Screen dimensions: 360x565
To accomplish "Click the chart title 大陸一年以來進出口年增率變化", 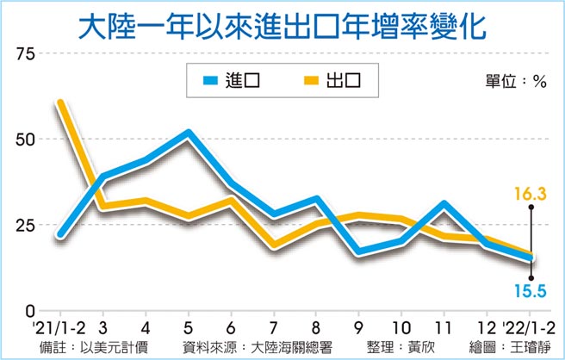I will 282,26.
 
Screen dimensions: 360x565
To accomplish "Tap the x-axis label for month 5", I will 188,328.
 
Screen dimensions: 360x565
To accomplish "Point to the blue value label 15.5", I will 533,291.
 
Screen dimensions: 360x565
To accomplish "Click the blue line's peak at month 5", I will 188,133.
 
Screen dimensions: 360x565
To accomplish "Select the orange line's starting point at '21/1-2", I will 59,103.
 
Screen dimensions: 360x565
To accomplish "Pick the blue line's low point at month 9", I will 357,251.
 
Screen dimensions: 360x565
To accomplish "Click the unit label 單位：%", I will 516,82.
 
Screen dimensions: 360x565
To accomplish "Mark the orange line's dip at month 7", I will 273,245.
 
